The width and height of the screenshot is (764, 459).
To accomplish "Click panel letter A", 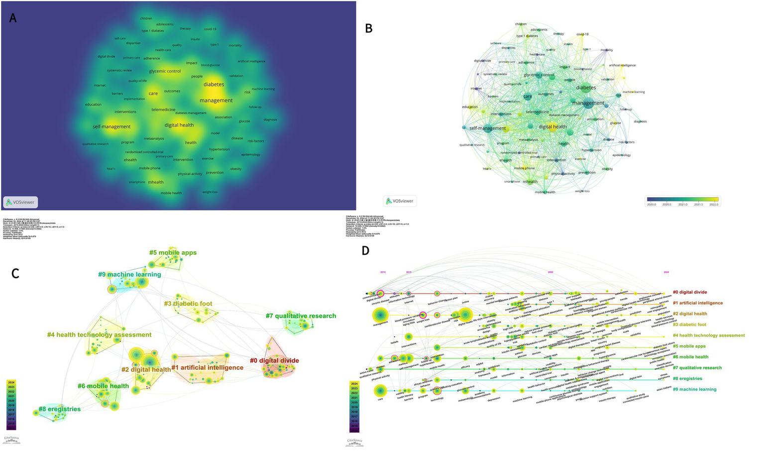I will [x=13, y=18].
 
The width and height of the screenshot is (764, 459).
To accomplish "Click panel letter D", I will [x=365, y=250].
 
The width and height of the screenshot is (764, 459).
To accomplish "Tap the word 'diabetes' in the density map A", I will [x=214, y=85].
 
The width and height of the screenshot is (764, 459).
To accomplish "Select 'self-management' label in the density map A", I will [x=111, y=126].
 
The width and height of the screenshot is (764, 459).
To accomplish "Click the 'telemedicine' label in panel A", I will [x=163, y=110].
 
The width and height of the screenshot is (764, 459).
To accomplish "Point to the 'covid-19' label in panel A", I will [x=210, y=29].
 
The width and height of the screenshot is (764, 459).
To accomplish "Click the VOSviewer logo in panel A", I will [x=20, y=202].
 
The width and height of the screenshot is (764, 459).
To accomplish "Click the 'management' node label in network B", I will [x=588, y=103].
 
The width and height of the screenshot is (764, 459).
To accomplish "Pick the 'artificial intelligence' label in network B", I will [x=622, y=65].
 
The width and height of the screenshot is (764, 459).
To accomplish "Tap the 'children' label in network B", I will [x=521, y=24].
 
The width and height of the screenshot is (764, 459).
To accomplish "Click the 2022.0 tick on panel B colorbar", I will [x=714, y=204].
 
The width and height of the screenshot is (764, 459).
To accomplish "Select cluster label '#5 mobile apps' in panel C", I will [x=173, y=252].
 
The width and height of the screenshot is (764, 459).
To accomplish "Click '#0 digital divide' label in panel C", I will [x=274, y=360].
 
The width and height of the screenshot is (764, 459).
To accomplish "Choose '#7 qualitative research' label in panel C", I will [x=301, y=316].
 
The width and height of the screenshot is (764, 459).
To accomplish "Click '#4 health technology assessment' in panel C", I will [x=99, y=335].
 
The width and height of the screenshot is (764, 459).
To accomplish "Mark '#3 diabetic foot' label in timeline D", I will [x=689, y=325].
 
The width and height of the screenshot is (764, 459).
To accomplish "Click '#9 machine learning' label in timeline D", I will [x=694, y=389].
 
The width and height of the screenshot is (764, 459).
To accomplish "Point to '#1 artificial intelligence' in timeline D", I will [x=697, y=303].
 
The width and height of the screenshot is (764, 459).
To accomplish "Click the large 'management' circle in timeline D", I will [x=380, y=316].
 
